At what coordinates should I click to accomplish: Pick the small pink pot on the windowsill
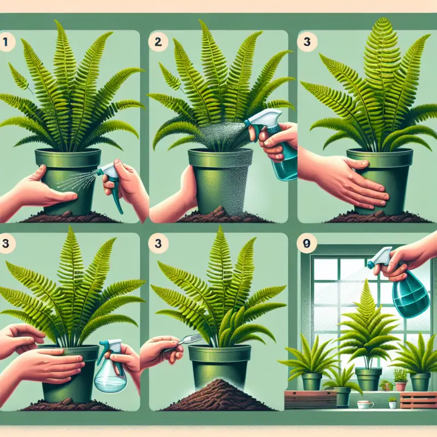[x=402, y=385]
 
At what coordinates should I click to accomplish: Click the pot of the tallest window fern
[x=368, y=378]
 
